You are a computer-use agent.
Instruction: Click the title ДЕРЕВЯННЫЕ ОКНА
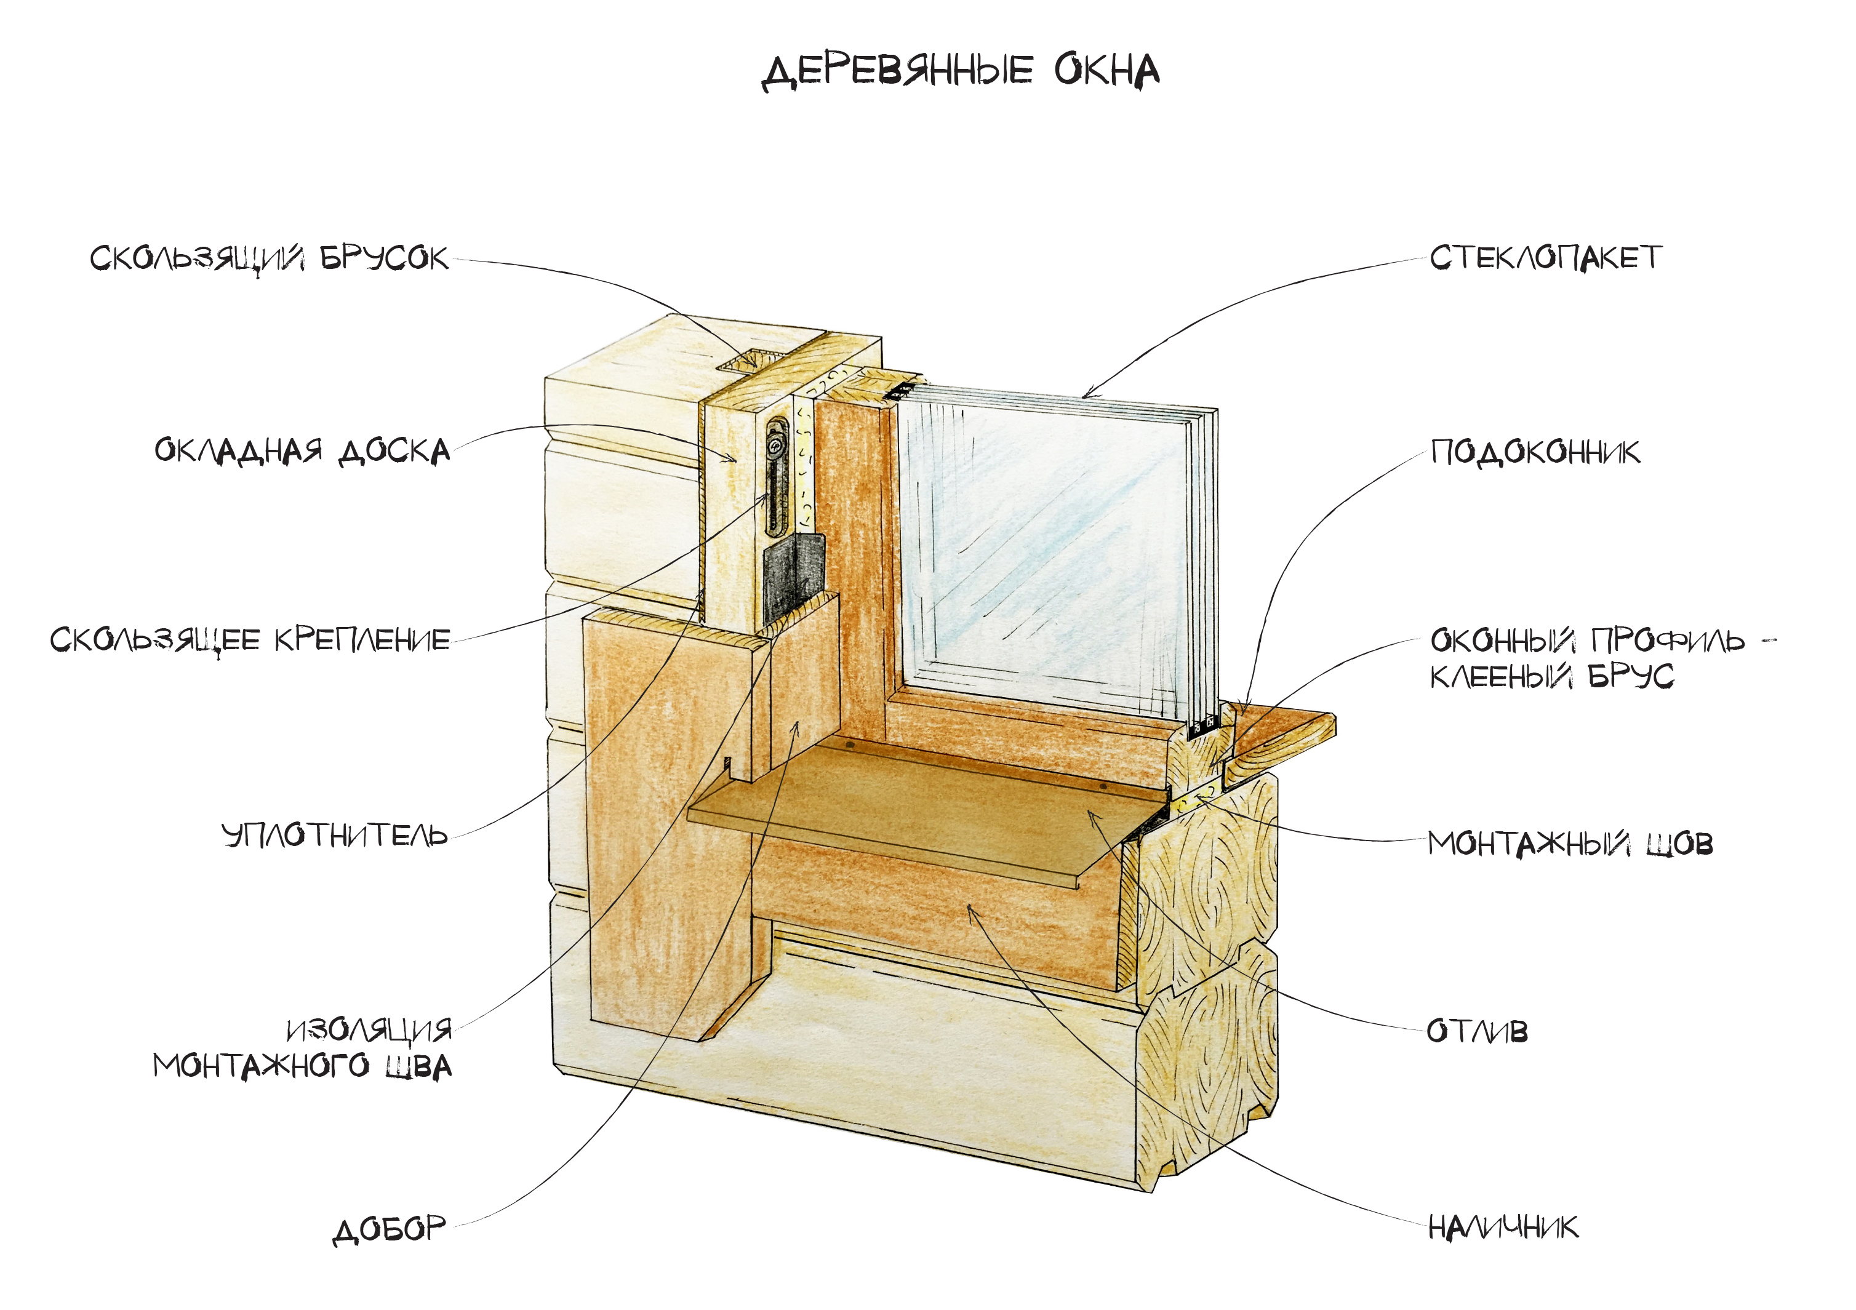(961, 72)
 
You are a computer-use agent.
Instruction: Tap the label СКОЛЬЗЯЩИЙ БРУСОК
(268, 258)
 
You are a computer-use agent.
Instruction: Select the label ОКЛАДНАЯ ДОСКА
(302, 451)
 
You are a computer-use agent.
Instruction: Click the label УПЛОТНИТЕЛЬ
(335, 835)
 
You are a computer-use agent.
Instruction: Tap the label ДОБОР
(390, 1229)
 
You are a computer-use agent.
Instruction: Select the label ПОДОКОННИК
(1535, 452)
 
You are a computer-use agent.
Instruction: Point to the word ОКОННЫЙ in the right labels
(1503, 641)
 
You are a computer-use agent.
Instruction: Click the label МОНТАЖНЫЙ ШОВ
(1570, 844)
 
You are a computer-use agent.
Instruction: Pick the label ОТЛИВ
(1477, 1032)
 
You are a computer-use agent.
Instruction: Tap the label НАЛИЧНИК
(1503, 1228)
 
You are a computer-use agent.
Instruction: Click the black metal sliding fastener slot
(776, 476)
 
